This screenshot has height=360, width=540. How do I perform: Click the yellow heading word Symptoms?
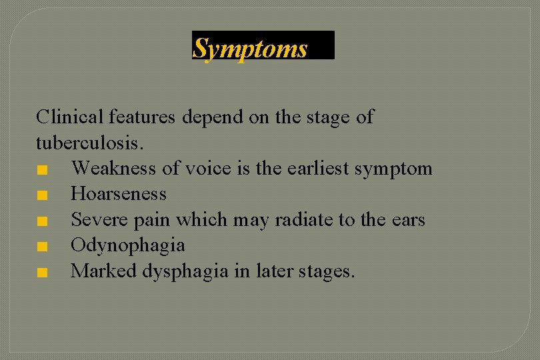(x=250, y=49)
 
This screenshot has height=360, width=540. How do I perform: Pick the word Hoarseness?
(x=119, y=194)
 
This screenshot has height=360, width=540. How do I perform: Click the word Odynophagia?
(x=128, y=245)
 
